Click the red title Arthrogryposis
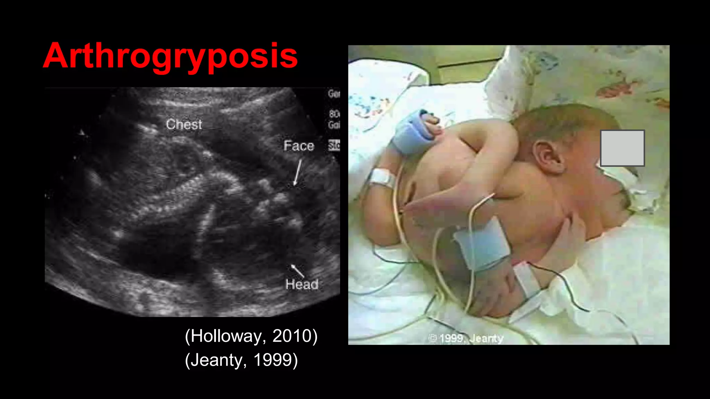[170, 56]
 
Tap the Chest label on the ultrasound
[184, 124]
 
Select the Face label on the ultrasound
[299, 146]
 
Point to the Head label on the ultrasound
[302, 285]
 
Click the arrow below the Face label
[297, 172]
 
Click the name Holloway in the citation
[228, 336]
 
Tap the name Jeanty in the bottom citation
[217, 360]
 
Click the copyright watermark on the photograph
[466, 338]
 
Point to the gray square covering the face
[622, 148]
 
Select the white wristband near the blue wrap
[382, 178]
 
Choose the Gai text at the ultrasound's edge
[334, 125]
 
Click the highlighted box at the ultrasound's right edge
[334, 145]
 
